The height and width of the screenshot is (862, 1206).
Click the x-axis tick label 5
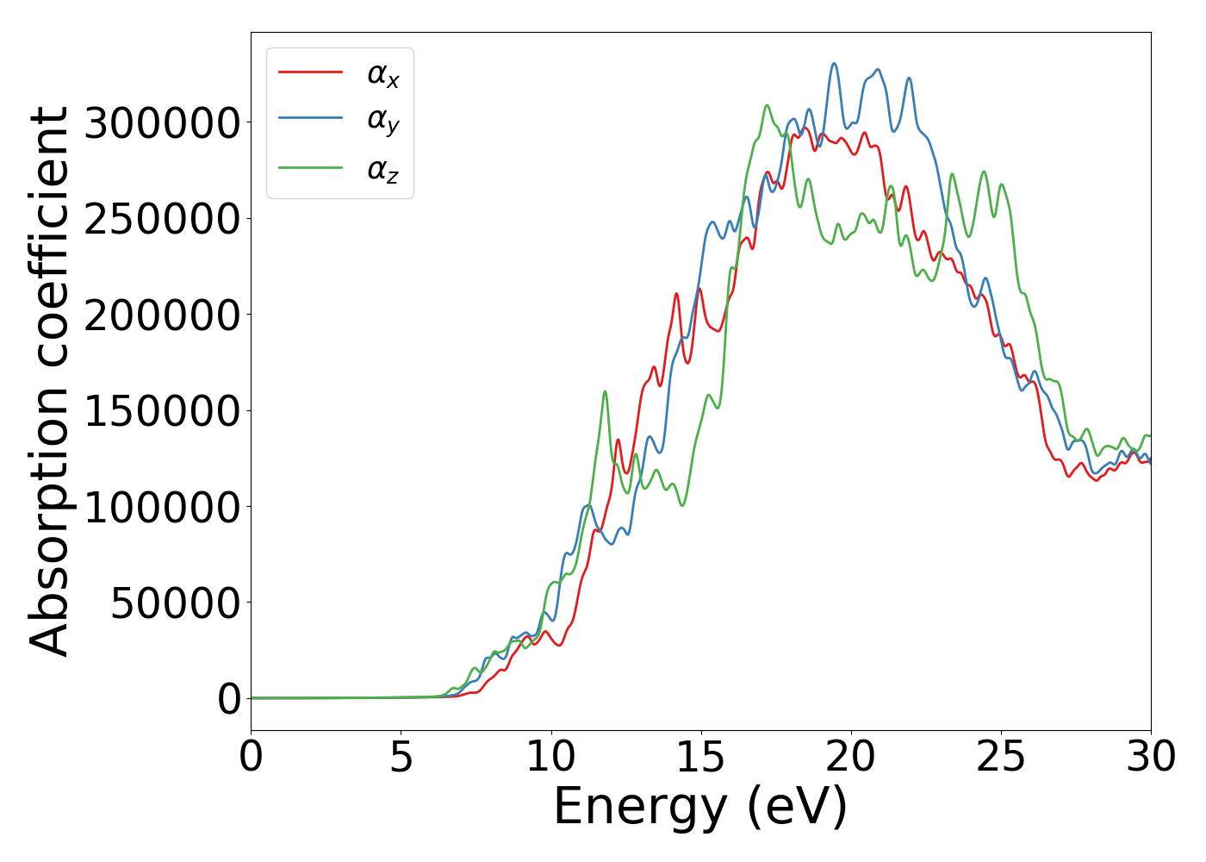click(401, 758)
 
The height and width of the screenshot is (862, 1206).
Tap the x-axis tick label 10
click(551, 758)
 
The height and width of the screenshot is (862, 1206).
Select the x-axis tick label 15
click(701, 758)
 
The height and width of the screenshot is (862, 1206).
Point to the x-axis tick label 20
click(851, 758)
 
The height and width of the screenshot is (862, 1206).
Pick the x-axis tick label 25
click(1001, 758)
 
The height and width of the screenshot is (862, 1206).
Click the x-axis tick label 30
click(1151, 758)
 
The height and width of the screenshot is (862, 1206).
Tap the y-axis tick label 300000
click(163, 123)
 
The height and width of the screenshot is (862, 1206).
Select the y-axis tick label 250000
click(163, 219)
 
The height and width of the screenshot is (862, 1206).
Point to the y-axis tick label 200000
click(163, 315)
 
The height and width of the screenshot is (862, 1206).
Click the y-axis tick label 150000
click(163, 411)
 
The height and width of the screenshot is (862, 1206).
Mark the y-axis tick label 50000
click(176, 603)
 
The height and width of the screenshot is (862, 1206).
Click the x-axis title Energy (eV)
click(700, 808)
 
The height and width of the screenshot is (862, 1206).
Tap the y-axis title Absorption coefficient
click(49, 382)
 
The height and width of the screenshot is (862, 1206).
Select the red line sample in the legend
click(310, 72)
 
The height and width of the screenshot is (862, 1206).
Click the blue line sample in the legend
click(310, 121)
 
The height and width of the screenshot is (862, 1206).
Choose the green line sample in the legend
click(310, 169)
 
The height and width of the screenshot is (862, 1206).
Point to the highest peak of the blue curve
click(834, 64)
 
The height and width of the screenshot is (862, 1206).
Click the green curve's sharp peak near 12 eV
click(605, 391)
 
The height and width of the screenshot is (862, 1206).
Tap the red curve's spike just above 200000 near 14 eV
click(676, 294)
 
